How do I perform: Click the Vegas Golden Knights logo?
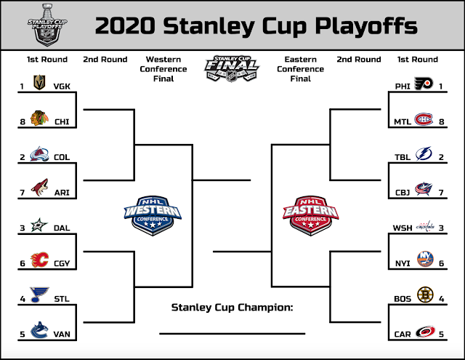click(x=39, y=82)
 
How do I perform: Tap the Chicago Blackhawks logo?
click(x=39, y=118)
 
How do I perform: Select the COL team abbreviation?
click(x=62, y=157)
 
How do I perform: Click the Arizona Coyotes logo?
click(x=40, y=187)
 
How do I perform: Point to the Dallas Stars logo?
click(x=39, y=225)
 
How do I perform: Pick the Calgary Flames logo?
click(x=39, y=260)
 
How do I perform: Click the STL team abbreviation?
click(x=62, y=299)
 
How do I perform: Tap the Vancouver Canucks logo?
click(x=39, y=330)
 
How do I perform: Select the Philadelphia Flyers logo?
click(x=424, y=84)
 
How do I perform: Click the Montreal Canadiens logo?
click(x=424, y=119)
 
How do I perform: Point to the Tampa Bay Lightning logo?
click(x=424, y=153)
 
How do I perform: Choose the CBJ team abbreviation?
click(x=403, y=193)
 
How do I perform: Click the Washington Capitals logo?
click(x=425, y=226)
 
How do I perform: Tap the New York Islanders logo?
click(x=425, y=259)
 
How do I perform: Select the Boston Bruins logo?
click(x=425, y=295)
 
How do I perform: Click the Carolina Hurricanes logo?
click(x=425, y=332)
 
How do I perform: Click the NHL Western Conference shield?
click(x=153, y=215)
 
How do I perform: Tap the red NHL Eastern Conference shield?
click(x=310, y=215)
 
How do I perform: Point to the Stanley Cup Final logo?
click(x=232, y=68)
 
